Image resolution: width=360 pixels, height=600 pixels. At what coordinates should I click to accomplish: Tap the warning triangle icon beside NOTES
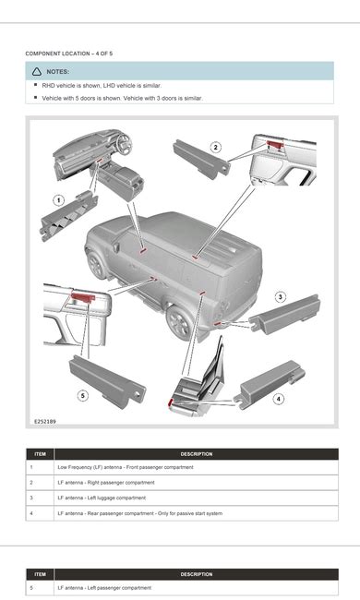[x=36, y=71]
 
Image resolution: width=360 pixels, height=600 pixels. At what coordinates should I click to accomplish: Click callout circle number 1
[x=57, y=198]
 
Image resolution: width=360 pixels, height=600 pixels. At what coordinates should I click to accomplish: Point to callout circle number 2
[x=215, y=147]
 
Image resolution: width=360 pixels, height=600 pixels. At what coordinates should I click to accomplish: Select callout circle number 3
[x=281, y=296]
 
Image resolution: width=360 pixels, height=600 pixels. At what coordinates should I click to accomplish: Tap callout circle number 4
[x=279, y=399]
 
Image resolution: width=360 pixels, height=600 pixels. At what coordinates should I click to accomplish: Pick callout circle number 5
[x=82, y=396]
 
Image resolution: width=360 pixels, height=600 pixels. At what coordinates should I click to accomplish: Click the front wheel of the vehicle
[x=98, y=264]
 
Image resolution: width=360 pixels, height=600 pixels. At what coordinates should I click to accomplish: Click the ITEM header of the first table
[x=40, y=454]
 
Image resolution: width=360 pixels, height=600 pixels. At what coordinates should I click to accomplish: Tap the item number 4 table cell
[x=31, y=512]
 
